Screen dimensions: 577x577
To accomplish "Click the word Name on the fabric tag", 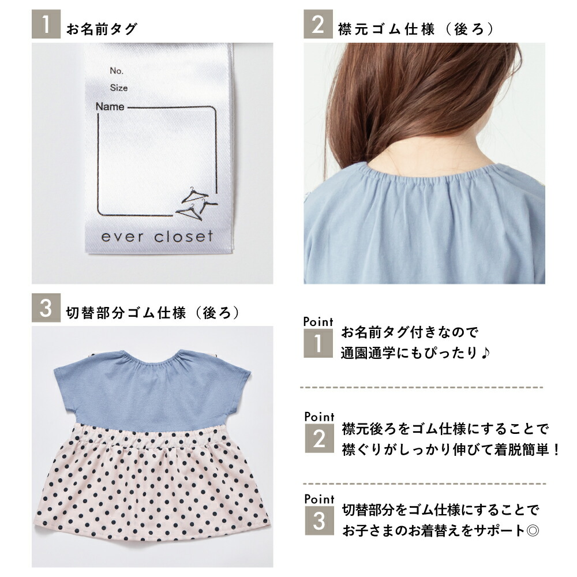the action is point(110,107).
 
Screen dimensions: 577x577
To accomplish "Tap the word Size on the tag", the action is point(118,88).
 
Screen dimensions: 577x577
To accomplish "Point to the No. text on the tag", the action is point(117,70).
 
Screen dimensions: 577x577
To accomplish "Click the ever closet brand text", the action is point(157,237).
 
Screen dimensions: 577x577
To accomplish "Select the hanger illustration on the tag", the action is point(196,204).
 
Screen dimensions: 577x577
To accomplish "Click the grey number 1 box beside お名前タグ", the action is point(46,24).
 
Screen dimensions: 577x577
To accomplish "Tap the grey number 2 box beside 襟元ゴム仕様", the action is point(318,24).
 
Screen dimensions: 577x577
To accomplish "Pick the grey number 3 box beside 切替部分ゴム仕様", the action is point(46,308).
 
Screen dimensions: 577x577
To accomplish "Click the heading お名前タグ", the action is point(102,29).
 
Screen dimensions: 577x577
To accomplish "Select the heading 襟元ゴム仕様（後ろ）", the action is point(416,29).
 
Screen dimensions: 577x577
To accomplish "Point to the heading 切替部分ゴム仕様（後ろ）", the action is point(153,313).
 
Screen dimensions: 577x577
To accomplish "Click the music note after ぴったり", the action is point(485,353).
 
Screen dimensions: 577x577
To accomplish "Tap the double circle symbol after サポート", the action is point(533,531).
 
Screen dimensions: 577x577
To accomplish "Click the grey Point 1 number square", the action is point(318,343).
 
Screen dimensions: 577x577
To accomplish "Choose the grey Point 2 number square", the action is point(320,439).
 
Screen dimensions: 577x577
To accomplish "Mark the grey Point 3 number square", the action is point(320,520).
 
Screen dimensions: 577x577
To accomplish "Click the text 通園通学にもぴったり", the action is point(410,353).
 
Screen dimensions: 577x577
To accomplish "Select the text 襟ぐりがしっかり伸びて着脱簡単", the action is point(446,449).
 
